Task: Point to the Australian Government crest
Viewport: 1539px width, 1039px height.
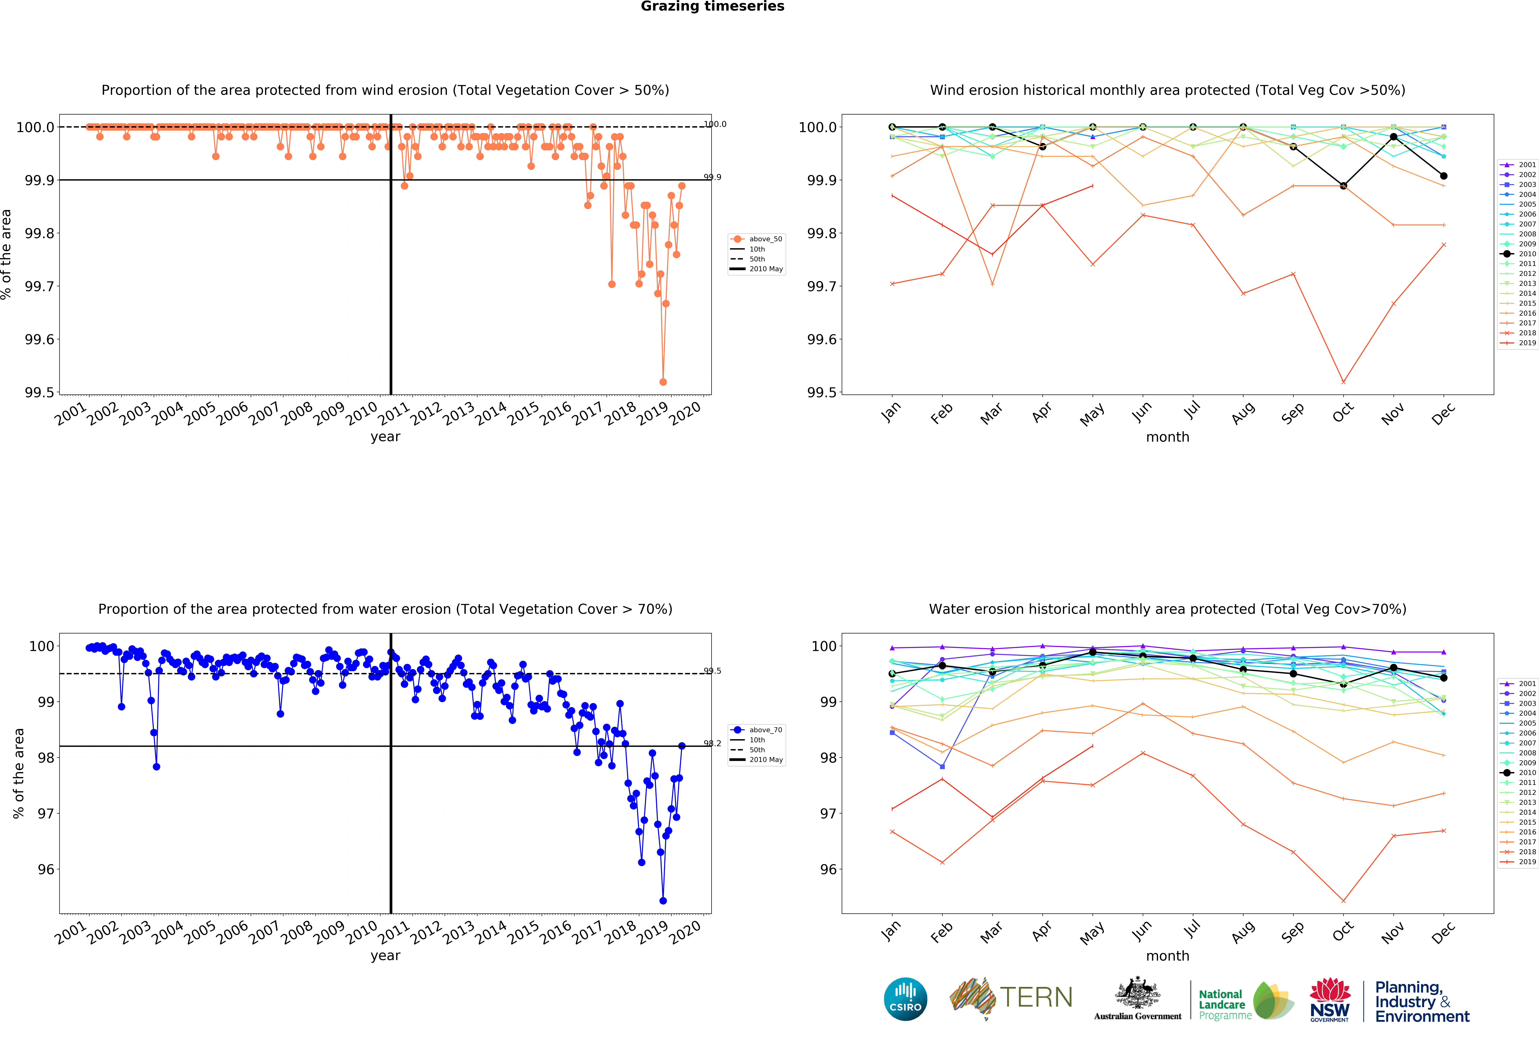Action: [x=1137, y=993]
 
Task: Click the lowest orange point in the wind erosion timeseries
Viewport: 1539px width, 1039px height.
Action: [x=663, y=382]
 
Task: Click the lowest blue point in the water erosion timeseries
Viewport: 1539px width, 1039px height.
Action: [x=663, y=901]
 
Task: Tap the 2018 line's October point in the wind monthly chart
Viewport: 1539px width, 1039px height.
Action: [x=1343, y=382]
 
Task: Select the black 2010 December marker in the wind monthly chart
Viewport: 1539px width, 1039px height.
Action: [x=1444, y=176]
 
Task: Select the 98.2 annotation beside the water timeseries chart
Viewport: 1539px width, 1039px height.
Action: [x=713, y=743]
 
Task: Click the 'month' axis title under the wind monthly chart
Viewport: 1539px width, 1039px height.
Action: [x=1167, y=437]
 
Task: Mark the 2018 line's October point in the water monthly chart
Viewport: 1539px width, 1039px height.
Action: [x=1343, y=901]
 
